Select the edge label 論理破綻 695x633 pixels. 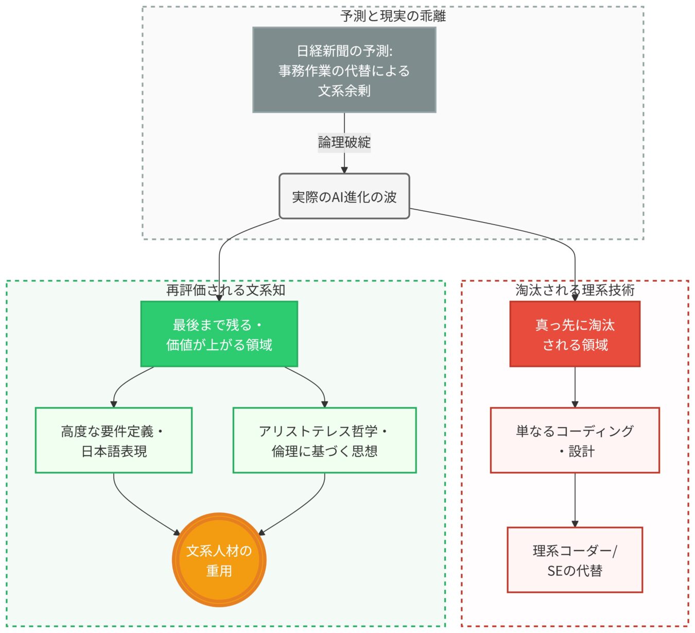[x=344, y=142]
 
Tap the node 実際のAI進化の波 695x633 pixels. [x=344, y=196]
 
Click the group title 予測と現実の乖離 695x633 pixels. [x=393, y=16]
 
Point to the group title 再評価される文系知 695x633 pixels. [x=225, y=290]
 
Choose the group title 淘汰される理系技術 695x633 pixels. [x=575, y=290]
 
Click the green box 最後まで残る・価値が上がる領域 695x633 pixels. [x=219, y=334]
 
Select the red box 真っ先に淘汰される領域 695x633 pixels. [x=575, y=334]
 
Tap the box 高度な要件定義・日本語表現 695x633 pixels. [x=113, y=440]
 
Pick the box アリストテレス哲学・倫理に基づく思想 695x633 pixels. [x=324, y=440]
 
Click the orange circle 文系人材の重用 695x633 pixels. [x=219, y=560]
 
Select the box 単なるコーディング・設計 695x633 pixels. [x=575, y=440]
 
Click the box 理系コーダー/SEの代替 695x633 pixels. [x=575, y=560]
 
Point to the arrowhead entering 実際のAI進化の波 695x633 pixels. [x=344, y=170]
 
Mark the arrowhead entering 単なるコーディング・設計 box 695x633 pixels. [x=575, y=404]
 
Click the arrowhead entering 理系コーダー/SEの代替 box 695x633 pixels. [x=575, y=523]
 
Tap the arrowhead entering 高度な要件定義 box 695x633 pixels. [x=114, y=404]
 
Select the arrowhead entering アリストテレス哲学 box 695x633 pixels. [x=324, y=404]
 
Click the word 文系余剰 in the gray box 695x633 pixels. [x=344, y=91]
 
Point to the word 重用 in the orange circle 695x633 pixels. [x=219, y=571]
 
